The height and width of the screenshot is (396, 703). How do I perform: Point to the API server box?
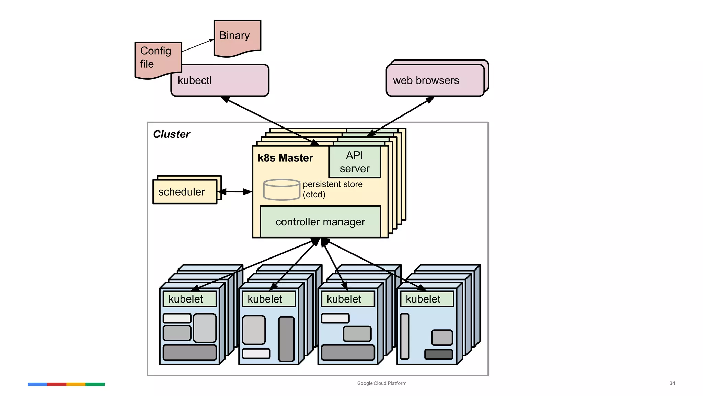pos(355,162)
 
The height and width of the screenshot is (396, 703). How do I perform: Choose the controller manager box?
pos(320,222)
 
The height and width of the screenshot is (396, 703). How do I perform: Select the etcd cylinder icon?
pos(281,190)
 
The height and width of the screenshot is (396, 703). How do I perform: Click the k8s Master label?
pos(285,158)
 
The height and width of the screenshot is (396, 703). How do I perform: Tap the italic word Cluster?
pos(171,134)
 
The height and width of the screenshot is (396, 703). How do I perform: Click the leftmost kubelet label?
pos(189,299)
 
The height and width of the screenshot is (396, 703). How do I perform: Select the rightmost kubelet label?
pos(427,299)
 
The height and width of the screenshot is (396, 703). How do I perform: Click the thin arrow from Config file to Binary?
pos(198,45)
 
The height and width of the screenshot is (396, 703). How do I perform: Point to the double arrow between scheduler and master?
pos(235,192)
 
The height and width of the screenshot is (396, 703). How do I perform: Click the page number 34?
pos(672,383)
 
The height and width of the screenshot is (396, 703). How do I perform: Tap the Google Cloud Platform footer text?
pos(382,383)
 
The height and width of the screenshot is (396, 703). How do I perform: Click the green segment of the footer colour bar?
pos(95,384)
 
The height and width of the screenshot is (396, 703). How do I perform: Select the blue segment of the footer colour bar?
pos(37,384)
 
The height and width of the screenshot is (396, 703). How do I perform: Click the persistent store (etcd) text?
pos(332,189)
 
